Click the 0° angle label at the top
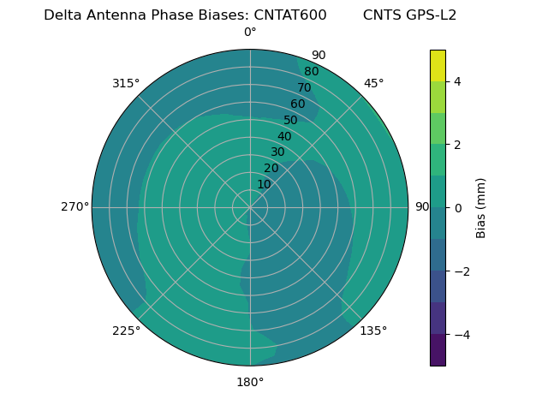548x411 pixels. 250,33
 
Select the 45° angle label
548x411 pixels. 373,83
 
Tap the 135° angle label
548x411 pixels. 373,331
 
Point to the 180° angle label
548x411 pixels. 250,382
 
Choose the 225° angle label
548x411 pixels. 126,331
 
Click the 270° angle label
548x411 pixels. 74,206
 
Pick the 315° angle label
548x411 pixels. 126,83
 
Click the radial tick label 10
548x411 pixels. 264,184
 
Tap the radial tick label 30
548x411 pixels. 277,152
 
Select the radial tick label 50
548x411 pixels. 291,120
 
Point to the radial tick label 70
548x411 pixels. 305,87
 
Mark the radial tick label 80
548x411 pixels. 311,71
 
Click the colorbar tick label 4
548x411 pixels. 458,81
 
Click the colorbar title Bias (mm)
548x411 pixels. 481,207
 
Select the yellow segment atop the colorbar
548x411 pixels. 438,65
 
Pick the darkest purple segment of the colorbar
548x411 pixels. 438,350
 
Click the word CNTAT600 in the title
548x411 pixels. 290,15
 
